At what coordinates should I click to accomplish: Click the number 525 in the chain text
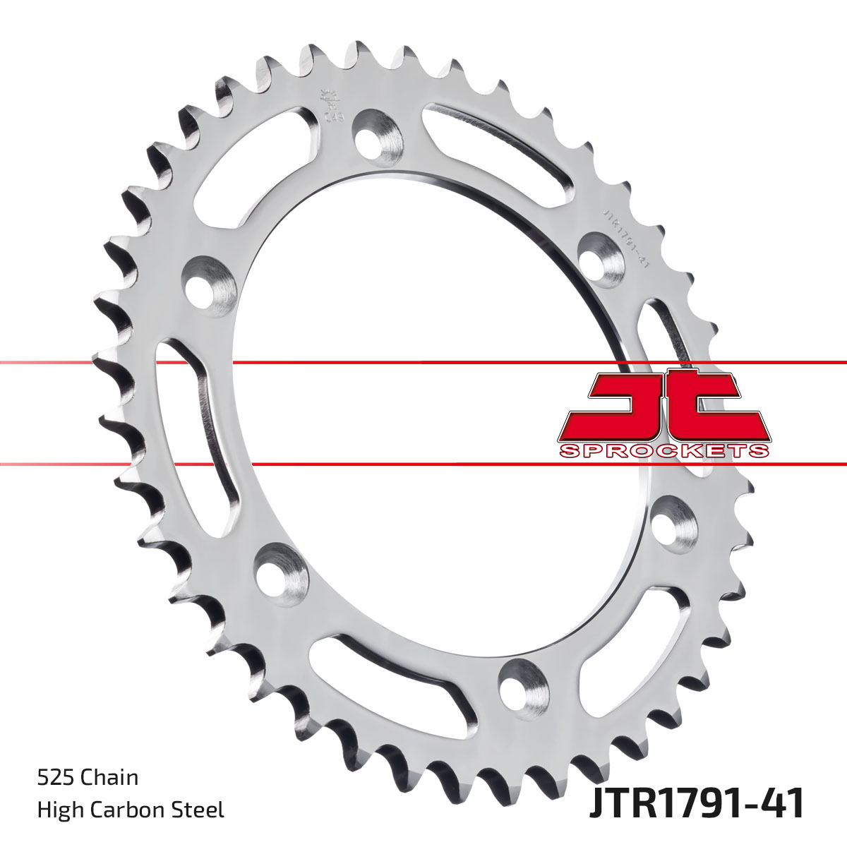56,778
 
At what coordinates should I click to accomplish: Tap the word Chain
109,778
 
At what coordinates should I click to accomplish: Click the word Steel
201,810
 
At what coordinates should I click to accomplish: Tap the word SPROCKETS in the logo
663,451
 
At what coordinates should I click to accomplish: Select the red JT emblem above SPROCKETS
663,406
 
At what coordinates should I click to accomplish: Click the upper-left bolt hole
209,281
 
